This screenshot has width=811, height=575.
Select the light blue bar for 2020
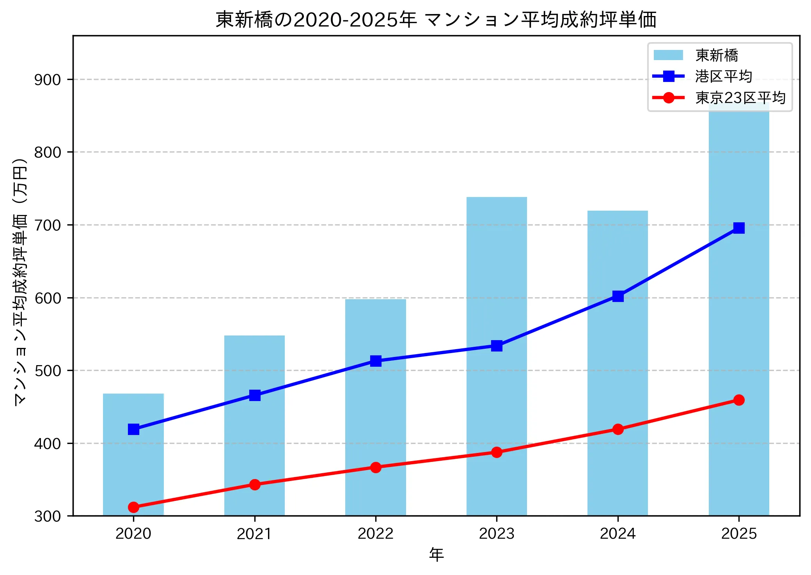(x=133, y=468)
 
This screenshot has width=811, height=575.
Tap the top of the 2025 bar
(x=738, y=105)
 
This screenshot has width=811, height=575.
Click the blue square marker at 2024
(x=618, y=296)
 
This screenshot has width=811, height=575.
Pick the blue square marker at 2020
(x=133, y=429)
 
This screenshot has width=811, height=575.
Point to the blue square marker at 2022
(x=376, y=361)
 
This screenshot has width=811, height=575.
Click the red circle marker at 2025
(x=738, y=400)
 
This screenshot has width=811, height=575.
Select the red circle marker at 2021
(x=255, y=484)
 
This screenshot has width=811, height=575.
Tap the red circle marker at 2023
(x=497, y=452)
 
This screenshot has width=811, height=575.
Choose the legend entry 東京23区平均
(x=740, y=98)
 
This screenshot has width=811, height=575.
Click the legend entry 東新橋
(x=717, y=55)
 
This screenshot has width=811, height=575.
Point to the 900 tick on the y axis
(x=48, y=80)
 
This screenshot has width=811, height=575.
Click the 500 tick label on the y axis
(x=48, y=371)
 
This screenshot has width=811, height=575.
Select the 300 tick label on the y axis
(x=48, y=516)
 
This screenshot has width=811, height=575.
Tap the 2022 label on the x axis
(x=376, y=533)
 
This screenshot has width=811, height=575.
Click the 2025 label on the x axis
(x=738, y=533)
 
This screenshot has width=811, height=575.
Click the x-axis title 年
(x=436, y=554)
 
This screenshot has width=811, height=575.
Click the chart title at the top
(x=436, y=20)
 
